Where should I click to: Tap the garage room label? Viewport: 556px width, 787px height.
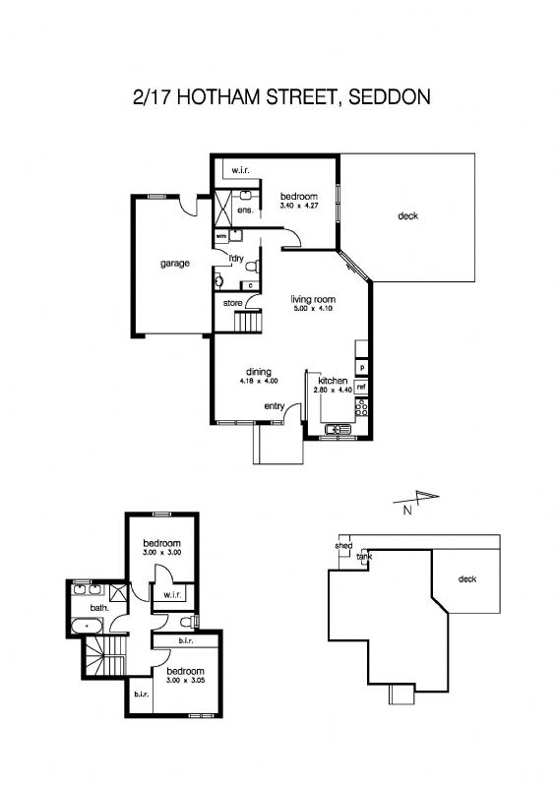coord(175,263)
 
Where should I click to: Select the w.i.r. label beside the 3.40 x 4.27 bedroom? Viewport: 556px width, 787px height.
coord(240,171)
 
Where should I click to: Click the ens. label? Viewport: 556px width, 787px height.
coord(246,210)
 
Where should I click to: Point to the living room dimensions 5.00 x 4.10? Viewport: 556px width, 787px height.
coord(313,310)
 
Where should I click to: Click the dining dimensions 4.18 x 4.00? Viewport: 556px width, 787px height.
coord(259,381)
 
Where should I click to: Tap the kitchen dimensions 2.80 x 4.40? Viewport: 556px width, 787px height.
coord(333,391)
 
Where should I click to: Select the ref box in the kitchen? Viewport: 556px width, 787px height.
coord(361,387)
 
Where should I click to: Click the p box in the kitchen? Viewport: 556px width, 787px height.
coord(362,367)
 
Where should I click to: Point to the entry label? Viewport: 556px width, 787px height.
coord(275,406)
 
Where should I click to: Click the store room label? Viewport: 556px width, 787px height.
coord(232,303)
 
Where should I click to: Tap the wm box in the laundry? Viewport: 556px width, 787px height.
coord(220,236)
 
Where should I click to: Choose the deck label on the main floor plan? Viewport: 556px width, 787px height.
coord(407,215)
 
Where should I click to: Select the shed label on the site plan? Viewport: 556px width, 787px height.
coord(343,545)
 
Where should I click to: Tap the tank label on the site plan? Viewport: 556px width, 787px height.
coord(365,557)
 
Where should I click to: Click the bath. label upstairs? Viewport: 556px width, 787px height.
coord(99,607)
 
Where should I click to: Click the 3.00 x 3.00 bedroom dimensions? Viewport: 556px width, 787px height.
coord(160,554)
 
